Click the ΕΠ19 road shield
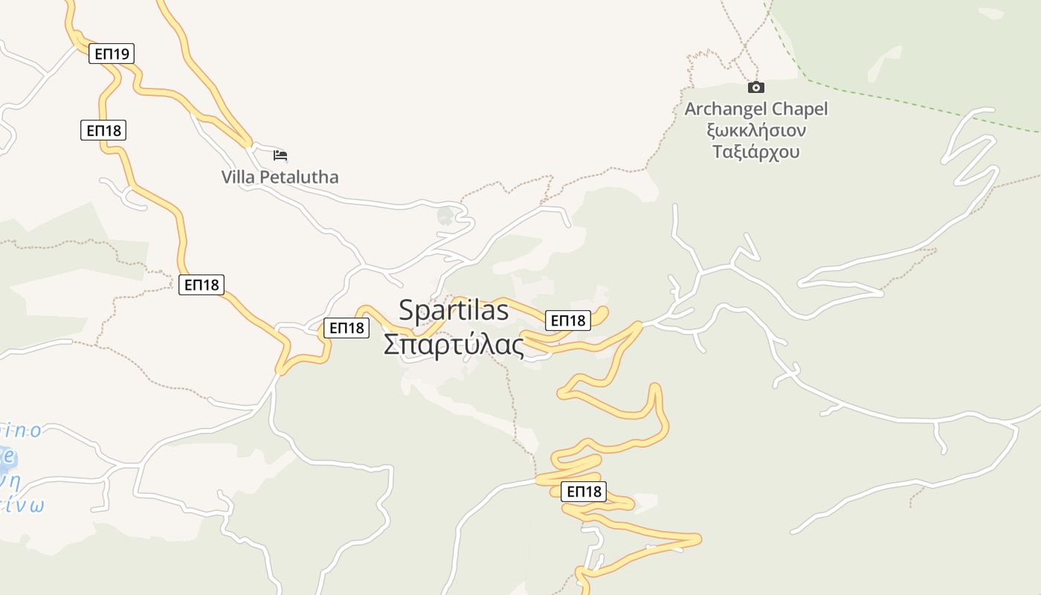(112, 54)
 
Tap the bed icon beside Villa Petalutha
(280, 155)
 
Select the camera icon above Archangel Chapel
(755, 87)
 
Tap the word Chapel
(799, 109)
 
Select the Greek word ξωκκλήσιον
(755, 130)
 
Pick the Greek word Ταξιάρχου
(755, 152)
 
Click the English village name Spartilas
(454, 309)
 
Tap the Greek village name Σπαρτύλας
(454, 344)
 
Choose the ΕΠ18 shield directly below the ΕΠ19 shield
(103, 130)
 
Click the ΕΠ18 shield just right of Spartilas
(568, 321)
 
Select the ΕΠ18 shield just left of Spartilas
(347, 327)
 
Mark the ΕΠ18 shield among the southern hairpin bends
(584, 491)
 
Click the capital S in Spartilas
(407, 309)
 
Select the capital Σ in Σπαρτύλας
(392, 344)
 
